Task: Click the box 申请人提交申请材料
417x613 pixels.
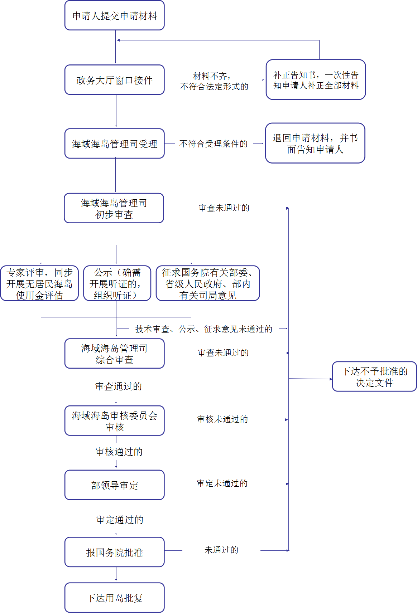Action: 114,16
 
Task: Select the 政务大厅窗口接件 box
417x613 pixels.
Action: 114,80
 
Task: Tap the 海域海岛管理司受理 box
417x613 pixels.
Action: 114,144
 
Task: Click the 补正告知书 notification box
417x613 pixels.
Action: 316,80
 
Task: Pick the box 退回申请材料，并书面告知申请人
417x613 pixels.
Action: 315,143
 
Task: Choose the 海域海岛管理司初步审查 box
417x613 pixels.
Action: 114,209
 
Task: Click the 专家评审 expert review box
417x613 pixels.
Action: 39,284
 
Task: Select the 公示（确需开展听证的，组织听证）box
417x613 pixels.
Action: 117,284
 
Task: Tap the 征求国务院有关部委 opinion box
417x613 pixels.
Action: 208,284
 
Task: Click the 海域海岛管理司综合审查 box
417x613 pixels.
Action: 114,354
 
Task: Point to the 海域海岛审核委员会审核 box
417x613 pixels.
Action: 114,421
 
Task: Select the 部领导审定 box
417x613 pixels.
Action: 114,485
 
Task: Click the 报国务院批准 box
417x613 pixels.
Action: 114,553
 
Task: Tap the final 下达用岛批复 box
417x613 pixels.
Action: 114,598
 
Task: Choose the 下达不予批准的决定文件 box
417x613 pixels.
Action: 374,377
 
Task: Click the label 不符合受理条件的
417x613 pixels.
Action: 214,144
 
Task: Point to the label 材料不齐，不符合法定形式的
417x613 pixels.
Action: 214,81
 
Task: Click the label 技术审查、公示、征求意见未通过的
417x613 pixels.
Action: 203,329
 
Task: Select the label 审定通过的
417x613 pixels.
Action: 120,520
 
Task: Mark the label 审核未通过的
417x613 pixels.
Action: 222,419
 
